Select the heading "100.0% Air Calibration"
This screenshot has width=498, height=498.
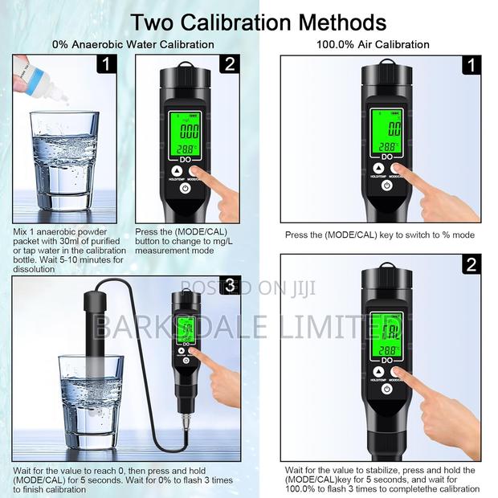click(x=372, y=45)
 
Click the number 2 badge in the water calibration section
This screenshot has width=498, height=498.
click(x=229, y=63)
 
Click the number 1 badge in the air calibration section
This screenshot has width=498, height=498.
click(x=472, y=63)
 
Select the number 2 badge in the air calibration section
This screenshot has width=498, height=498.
click(x=472, y=264)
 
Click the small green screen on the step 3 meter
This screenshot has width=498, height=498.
click(x=186, y=328)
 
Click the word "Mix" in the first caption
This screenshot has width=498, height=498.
click(x=20, y=232)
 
